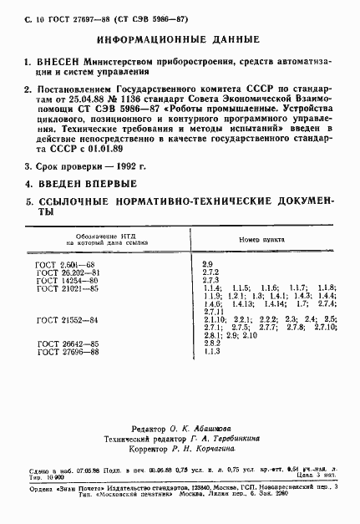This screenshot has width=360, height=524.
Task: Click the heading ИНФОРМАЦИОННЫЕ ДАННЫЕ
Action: click(x=180, y=39)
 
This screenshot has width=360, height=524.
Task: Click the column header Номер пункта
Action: click(x=262, y=237)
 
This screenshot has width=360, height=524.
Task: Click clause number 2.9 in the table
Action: click(x=208, y=264)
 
